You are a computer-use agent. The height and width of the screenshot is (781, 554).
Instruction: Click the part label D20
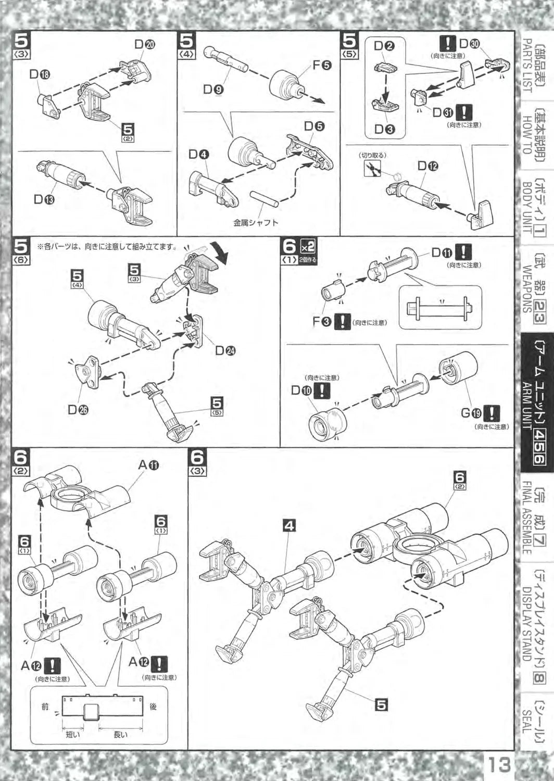pyautogui.click(x=145, y=44)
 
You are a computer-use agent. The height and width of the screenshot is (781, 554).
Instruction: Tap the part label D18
pyautogui.click(x=40, y=74)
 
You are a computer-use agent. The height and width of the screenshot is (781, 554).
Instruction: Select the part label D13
pyautogui.click(x=44, y=199)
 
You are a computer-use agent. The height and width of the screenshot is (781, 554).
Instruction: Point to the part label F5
pyautogui.click(x=321, y=65)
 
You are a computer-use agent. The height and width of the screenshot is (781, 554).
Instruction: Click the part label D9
pyautogui.click(x=213, y=90)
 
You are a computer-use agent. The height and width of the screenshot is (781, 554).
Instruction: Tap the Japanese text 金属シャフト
pyautogui.click(x=256, y=222)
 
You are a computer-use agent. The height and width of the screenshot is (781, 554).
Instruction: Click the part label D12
pyautogui.click(x=428, y=167)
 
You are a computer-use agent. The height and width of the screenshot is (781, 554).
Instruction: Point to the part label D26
pyautogui.click(x=78, y=410)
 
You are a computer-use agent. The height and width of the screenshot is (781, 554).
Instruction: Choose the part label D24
pyautogui.click(x=225, y=350)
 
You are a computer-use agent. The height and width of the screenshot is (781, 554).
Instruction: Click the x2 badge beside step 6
pyautogui.click(x=307, y=247)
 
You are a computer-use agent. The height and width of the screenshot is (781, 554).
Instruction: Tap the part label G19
pyautogui.click(x=471, y=413)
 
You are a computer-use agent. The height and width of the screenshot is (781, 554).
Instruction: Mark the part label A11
pyautogui.click(x=148, y=464)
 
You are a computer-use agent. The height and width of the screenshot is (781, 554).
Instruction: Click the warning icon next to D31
pyautogui.click(x=464, y=112)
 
